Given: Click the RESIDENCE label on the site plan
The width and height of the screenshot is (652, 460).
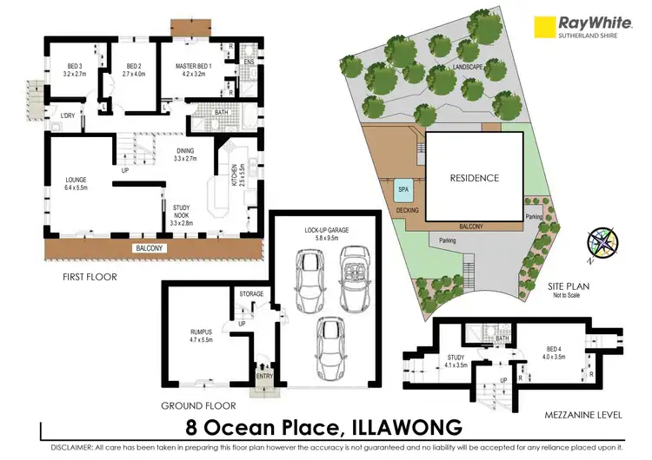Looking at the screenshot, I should click(x=474, y=178).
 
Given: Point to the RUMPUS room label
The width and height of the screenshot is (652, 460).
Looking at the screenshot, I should click(x=201, y=333).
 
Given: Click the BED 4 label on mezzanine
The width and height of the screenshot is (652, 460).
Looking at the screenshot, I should click(x=553, y=349).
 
